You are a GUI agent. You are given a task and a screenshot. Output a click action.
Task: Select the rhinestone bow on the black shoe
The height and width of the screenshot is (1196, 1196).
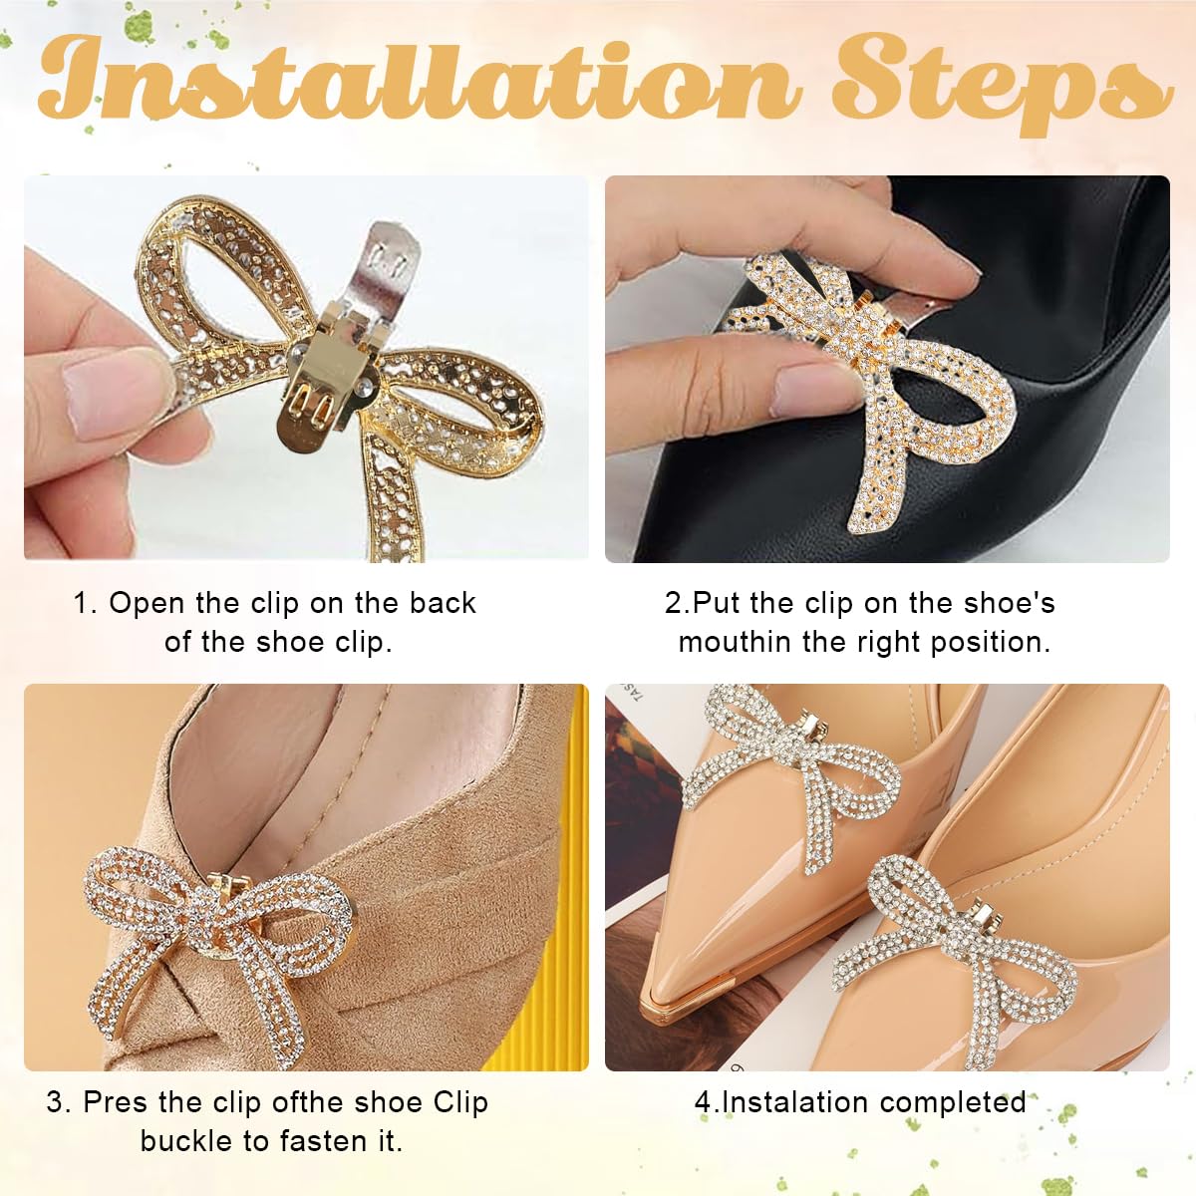tap(877, 379)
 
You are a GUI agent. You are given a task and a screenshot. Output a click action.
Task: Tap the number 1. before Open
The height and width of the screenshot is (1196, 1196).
tap(85, 603)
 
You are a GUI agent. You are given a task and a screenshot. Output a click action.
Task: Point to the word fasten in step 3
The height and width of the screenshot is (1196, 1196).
tap(324, 1141)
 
